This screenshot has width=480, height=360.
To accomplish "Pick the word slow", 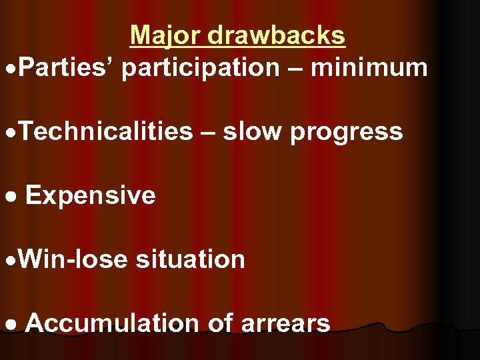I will [252, 131].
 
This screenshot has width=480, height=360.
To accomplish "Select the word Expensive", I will [90, 196].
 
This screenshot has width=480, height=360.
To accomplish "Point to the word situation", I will [190, 259].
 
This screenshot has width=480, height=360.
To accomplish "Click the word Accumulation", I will [112, 323].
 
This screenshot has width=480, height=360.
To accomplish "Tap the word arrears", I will [287, 324].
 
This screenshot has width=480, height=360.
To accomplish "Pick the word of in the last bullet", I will [220, 323].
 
